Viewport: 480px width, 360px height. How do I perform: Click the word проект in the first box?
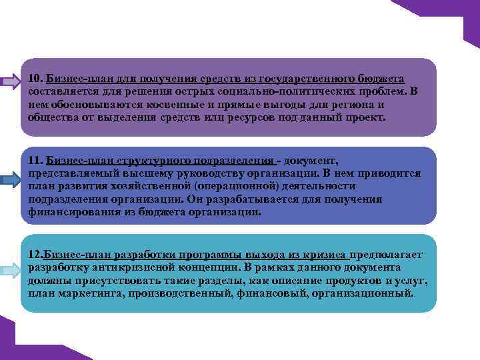[x=363, y=117]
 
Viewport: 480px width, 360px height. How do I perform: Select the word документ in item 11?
[x=310, y=161]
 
